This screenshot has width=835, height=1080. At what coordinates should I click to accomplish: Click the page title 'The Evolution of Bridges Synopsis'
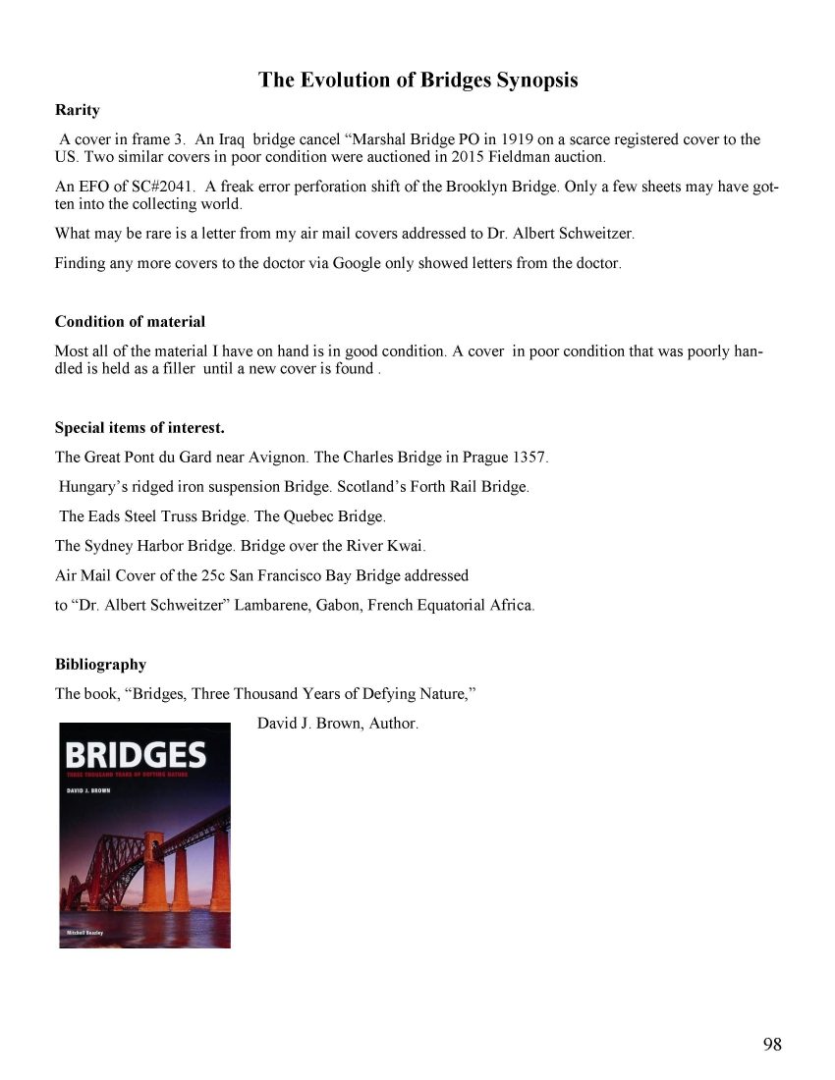click(x=417, y=81)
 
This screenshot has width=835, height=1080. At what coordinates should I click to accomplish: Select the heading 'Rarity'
click(x=77, y=110)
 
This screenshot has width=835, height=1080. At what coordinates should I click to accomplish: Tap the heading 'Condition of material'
click(x=130, y=322)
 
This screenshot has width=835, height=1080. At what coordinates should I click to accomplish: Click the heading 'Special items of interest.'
click(x=139, y=428)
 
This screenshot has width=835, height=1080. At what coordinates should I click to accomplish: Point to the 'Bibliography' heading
click(x=100, y=665)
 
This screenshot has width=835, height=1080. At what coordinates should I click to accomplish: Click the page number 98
click(x=772, y=1045)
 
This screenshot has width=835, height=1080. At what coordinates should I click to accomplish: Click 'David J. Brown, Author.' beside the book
click(x=338, y=724)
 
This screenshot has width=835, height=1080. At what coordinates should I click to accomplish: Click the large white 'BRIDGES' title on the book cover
click(x=136, y=756)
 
